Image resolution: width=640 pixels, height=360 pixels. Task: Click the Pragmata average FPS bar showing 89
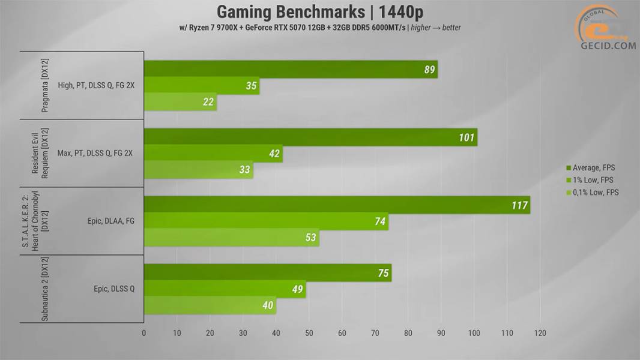coord(291,70)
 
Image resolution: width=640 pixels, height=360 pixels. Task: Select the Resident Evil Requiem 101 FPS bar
coord(310,137)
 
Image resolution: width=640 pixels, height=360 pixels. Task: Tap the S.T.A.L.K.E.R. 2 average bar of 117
coord(337,205)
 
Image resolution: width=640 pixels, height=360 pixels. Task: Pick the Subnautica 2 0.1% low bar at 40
coord(210,305)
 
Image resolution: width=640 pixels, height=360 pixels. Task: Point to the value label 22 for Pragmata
coord(208,102)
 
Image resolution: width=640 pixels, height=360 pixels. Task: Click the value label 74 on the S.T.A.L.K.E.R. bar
coord(380,221)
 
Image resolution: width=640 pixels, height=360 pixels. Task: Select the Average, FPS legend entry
coord(590,167)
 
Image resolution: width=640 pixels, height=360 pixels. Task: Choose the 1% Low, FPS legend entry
coord(590,180)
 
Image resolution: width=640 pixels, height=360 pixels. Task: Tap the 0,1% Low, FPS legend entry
coord(592,193)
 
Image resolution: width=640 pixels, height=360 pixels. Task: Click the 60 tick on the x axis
coord(342,333)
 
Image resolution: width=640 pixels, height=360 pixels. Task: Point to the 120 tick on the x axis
coord(540,333)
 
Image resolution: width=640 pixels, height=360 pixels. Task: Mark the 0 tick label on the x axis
coord(143,333)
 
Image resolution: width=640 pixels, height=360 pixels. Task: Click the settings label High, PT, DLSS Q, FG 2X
coord(96,86)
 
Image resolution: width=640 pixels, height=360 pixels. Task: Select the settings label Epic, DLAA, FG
coord(110,221)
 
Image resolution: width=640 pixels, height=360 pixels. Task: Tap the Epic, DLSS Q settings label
coord(114,289)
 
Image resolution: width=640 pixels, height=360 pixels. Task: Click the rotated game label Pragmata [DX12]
coord(45,86)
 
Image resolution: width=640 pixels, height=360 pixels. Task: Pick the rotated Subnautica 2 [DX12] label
coord(45,289)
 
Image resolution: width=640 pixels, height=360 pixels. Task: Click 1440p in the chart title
coord(401,12)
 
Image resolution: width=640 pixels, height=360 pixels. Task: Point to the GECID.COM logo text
coord(608,46)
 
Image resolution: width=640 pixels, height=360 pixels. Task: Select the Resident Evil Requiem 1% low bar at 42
coord(213,153)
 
